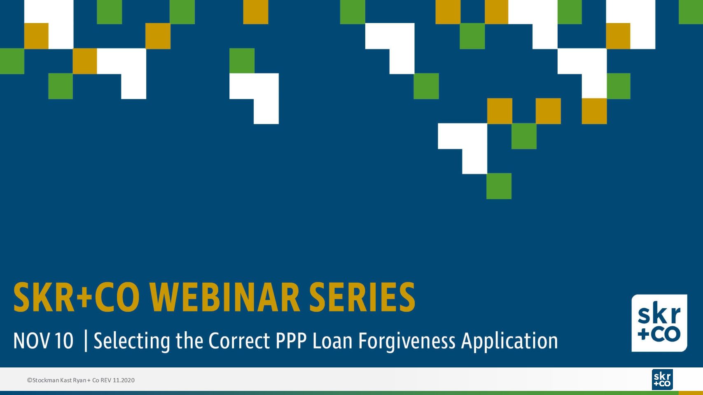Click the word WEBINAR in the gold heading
click(225, 297)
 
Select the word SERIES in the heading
click(362, 297)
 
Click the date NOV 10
click(43, 341)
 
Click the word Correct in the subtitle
click(239, 341)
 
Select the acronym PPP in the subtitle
click(291, 341)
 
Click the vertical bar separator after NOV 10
click(86, 341)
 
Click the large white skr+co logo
click(659, 323)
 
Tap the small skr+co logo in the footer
click(662, 379)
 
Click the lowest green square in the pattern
click(499, 186)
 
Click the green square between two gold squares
click(524, 136)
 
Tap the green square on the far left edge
click(12, 61)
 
